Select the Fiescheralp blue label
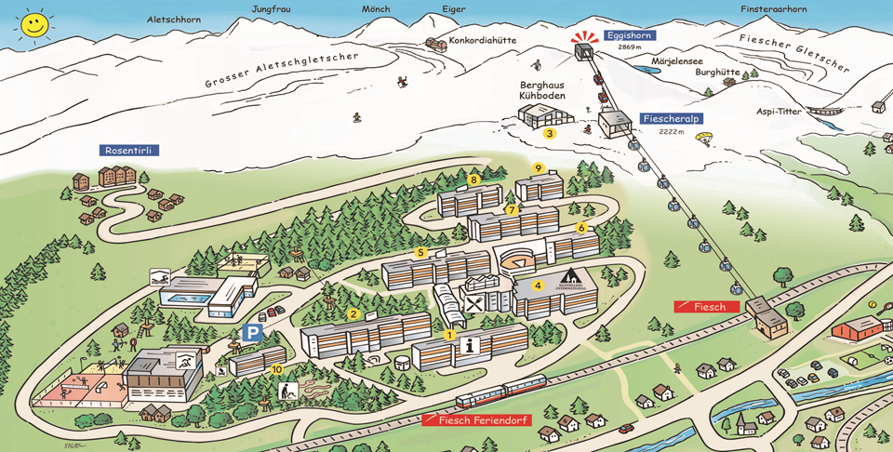pos(671,119)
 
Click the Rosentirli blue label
pos(126,150)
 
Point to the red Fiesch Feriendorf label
pos(475,420)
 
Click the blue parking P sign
pos(251,332)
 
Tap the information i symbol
pos(472,345)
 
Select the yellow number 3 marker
pos(550,134)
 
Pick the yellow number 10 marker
pos(276,369)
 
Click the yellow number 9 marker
pos(539,168)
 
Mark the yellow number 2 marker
pos(353,314)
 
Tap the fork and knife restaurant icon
pos(474,303)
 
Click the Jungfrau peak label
pos(272,9)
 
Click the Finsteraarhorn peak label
pos(774,9)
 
